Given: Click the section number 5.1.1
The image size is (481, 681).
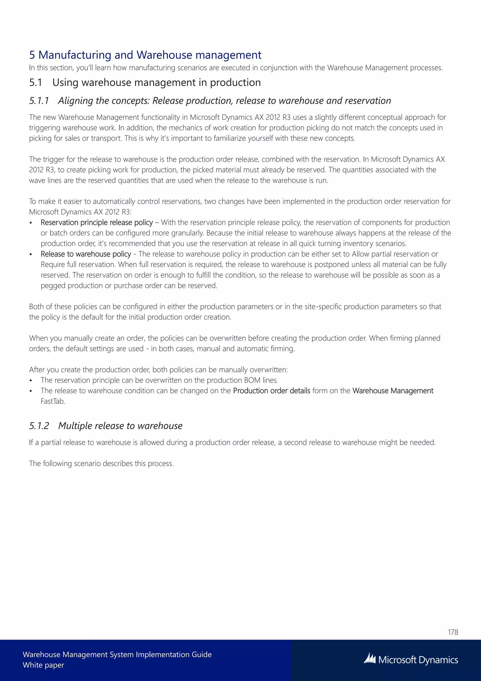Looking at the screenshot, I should click(39, 101).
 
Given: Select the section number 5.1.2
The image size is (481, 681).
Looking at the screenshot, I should click(39, 426).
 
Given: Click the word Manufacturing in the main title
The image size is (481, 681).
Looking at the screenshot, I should click(75, 55).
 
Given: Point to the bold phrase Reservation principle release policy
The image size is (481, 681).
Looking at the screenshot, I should click(97, 222).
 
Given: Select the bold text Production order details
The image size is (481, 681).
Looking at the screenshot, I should click(272, 391).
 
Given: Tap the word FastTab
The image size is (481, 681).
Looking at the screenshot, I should click(53, 401).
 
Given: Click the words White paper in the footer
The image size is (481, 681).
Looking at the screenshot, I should click(43, 665).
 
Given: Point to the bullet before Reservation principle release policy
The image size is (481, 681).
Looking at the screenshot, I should click(31, 223).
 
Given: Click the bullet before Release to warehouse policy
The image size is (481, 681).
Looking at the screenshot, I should click(31, 254).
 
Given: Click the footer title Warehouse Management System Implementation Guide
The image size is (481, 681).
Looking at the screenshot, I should click(117, 655).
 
